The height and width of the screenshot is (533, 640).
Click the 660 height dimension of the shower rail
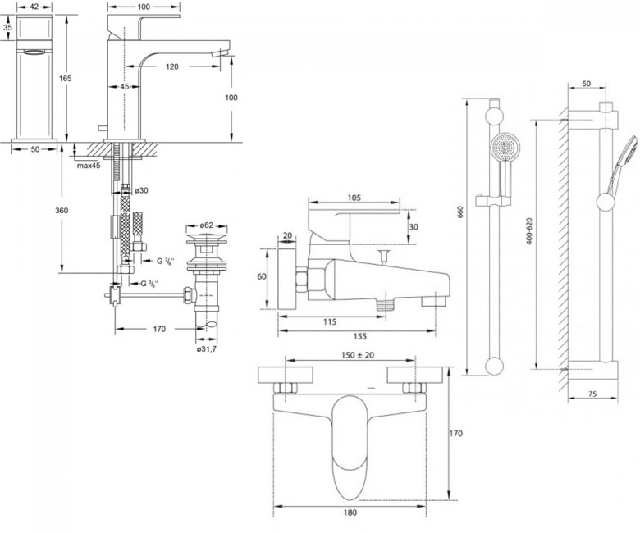click(x=461, y=212)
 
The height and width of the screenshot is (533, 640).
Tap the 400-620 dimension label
click(x=529, y=231)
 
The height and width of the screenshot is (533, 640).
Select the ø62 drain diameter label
click(x=207, y=225)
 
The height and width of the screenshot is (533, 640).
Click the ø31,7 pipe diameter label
click(x=207, y=349)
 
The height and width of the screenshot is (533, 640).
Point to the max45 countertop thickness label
click(x=89, y=166)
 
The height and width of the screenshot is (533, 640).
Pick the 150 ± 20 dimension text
click(x=358, y=355)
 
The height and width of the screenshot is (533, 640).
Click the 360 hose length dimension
click(x=62, y=211)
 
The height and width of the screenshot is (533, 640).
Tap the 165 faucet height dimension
click(x=66, y=78)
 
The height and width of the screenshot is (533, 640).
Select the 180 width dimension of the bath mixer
click(x=350, y=512)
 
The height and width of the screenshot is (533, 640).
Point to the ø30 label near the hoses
click(x=141, y=190)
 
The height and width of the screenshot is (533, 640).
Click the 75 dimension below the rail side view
click(x=592, y=394)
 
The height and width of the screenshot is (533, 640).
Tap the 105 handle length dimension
click(x=354, y=198)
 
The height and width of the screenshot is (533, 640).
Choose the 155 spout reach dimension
click(x=360, y=336)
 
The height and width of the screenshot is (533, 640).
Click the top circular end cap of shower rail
click(x=494, y=116)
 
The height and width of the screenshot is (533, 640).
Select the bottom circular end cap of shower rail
click(x=494, y=366)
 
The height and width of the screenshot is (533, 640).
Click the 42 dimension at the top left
click(x=34, y=7)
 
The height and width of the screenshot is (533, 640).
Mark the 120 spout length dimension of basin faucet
click(x=172, y=66)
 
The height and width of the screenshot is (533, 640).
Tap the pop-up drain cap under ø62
click(x=207, y=237)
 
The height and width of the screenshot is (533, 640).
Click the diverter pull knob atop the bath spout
click(x=383, y=257)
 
